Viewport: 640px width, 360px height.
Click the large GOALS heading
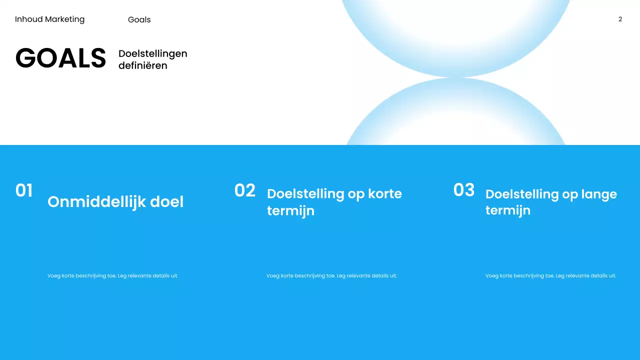60,58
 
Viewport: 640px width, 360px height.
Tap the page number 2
620,19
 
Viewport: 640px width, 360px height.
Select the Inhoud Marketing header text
49,19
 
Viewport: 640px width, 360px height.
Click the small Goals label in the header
139,20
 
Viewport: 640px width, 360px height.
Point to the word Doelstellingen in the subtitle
152,53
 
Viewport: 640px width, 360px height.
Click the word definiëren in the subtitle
142,65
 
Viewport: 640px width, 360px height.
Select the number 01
24,190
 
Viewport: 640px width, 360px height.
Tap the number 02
244,190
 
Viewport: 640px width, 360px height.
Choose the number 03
463,190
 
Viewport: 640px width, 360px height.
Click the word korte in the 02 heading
384,194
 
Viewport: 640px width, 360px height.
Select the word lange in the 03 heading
598,194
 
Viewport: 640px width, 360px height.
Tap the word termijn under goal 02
290,211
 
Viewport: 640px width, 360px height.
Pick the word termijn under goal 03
507,210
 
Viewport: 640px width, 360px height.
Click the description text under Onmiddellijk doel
112,275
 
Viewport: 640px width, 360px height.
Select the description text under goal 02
331,275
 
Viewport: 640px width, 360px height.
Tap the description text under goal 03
550,275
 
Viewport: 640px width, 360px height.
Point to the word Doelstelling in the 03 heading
522,194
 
